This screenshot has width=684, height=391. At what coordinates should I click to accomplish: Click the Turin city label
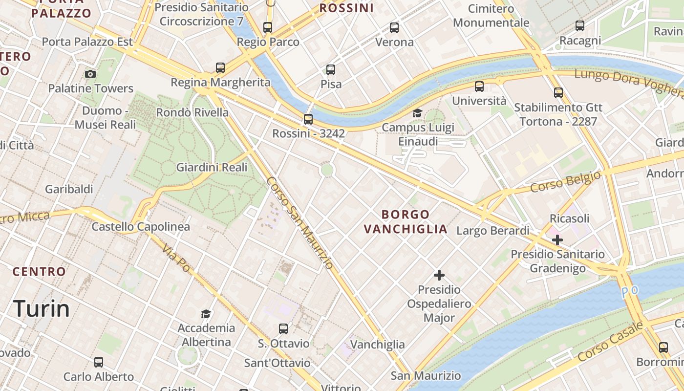42,309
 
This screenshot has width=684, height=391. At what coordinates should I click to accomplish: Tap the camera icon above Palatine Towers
90,74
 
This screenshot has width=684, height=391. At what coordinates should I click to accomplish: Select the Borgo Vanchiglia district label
406,222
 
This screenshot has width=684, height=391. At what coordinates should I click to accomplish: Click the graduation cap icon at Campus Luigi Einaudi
417,113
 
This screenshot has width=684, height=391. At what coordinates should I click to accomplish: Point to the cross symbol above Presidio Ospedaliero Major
439,275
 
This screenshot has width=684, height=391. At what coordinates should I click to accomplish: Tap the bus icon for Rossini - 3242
308,119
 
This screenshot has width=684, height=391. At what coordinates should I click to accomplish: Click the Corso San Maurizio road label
300,222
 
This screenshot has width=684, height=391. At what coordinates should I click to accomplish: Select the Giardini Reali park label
212,168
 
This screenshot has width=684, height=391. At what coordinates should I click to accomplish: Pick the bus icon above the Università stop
479,87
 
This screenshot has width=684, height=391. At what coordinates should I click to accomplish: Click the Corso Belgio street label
565,182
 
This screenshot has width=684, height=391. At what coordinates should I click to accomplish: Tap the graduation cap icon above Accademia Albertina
206,313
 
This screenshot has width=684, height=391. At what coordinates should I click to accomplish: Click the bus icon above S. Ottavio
283,329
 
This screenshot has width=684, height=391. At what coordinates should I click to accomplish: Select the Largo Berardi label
492,231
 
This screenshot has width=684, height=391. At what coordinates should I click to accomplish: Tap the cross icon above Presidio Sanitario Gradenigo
557,240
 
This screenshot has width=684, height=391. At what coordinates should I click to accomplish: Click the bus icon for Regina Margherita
220,67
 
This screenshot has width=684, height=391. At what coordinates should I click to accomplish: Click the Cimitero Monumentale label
491,16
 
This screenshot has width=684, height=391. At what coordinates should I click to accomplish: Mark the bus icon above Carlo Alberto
99,362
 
